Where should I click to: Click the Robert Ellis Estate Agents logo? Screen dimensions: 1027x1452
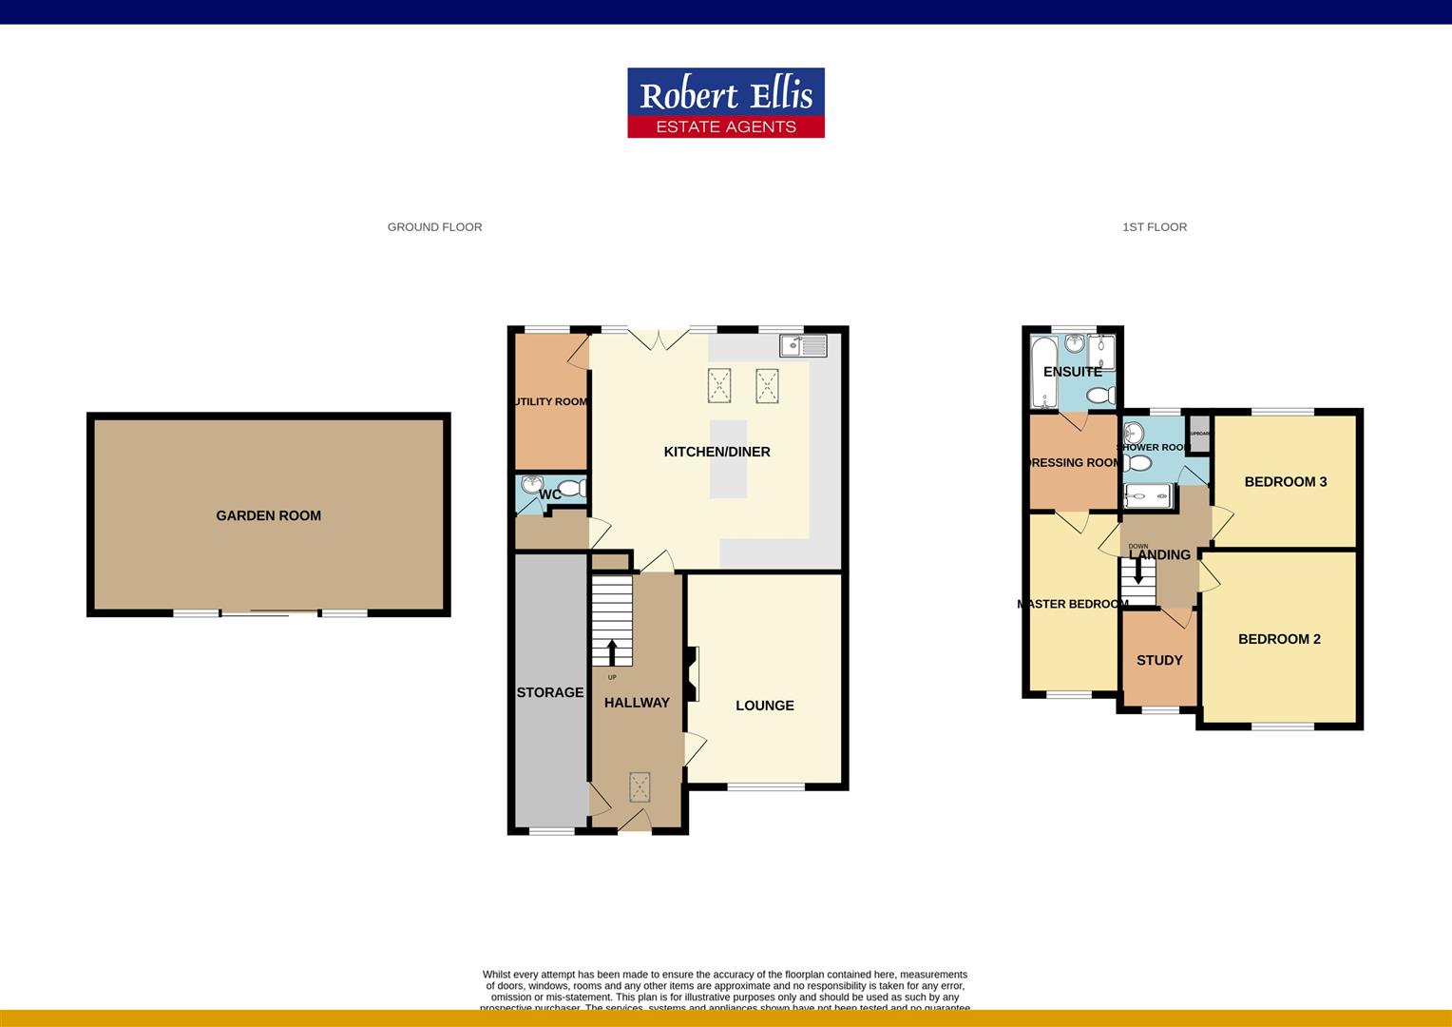(x=725, y=103)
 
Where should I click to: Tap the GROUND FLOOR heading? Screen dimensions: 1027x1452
(x=434, y=227)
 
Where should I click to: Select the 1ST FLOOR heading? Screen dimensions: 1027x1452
(x=1154, y=227)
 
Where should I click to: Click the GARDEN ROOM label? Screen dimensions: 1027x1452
(x=268, y=515)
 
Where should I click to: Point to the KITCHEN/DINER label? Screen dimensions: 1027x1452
(x=716, y=452)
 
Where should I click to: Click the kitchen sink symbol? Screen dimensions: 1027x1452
(x=803, y=345)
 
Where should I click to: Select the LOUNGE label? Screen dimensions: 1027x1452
(x=764, y=706)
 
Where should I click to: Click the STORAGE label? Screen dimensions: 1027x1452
(x=549, y=692)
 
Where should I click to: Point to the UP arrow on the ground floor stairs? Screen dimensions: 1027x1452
(x=611, y=651)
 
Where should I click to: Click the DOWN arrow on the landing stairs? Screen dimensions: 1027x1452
(x=1137, y=571)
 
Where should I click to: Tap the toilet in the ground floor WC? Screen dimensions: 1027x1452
(x=571, y=490)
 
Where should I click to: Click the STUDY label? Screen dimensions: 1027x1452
(x=1159, y=660)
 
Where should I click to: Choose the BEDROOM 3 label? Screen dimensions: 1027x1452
(x=1285, y=481)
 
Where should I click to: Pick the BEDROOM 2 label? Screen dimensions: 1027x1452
(x=1279, y=639)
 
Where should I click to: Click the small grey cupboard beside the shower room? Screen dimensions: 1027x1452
(x=1199, y=434)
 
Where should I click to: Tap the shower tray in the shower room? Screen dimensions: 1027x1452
(x=1148, y=496)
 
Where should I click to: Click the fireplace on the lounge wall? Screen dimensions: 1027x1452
(x=694, y=674)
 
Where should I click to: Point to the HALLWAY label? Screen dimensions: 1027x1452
(x=637, y=703)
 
